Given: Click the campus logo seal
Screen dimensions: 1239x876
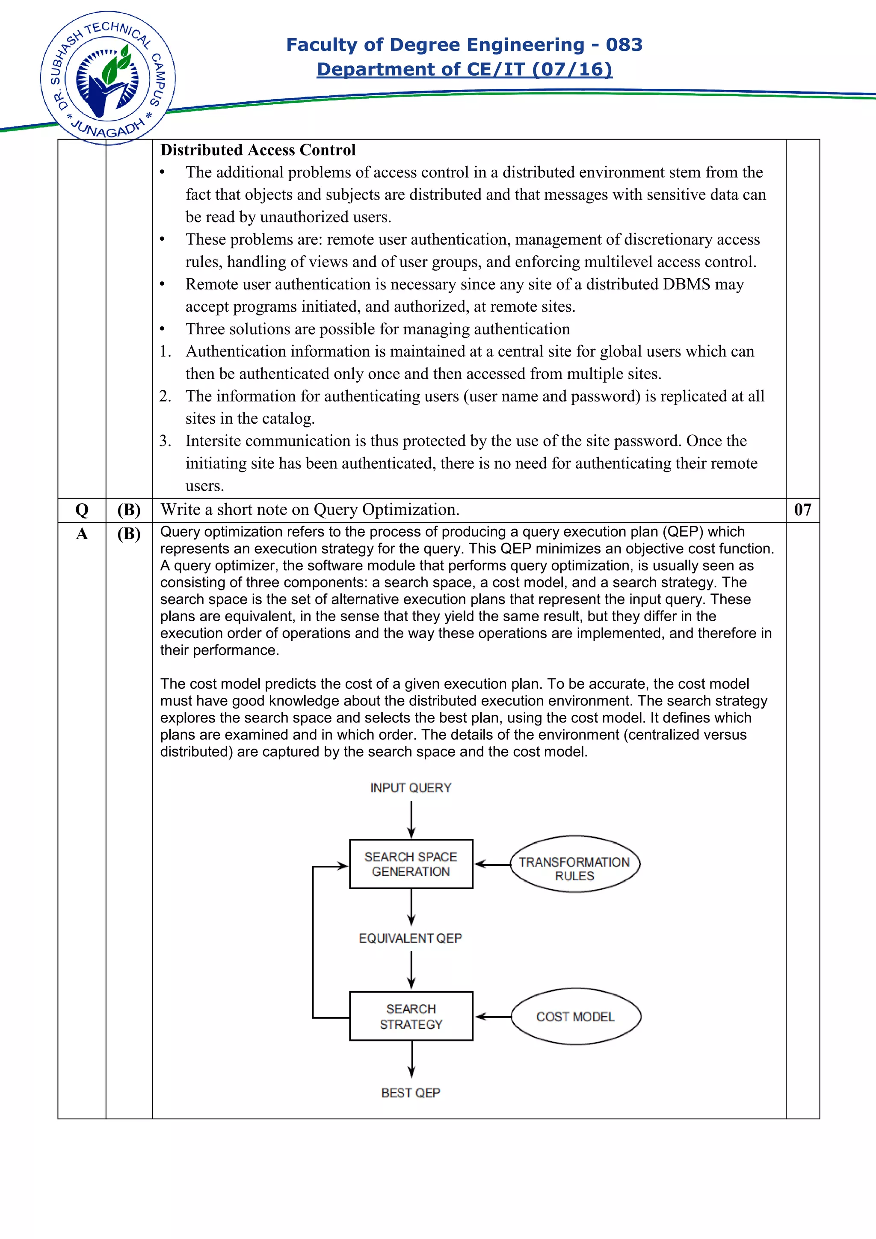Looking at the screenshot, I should [107, 78].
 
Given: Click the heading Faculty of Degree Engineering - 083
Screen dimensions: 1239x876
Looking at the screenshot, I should [464, 44].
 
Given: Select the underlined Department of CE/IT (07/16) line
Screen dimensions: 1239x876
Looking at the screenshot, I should [464, 69].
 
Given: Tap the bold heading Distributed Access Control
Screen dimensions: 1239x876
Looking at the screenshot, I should [258, 150].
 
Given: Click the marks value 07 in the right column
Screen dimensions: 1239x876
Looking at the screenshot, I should [802, 510].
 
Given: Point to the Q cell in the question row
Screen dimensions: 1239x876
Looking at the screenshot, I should [82, 510].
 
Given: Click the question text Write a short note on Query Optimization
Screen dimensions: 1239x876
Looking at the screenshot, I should [310, 510].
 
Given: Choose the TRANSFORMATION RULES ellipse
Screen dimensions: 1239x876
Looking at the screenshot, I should [574, 864].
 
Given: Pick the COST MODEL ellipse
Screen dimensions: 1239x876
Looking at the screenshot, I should [575, 1017].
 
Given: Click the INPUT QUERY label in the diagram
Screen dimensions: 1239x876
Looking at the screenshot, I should [410, 788].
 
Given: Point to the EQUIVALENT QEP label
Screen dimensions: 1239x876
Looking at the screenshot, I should [410, 938].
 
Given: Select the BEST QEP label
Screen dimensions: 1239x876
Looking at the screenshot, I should [411, 1093].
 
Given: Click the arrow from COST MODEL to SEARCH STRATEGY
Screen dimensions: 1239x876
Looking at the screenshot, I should [493, 1017].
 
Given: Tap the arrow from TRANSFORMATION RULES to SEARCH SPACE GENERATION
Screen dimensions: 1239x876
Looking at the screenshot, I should [492, 864].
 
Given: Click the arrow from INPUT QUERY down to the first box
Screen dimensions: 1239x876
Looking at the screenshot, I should [411, 819].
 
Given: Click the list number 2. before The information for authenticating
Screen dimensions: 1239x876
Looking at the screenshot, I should [165, 396].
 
